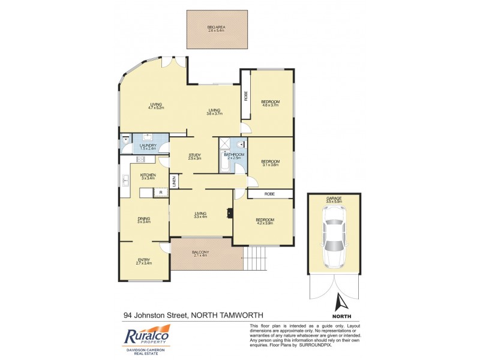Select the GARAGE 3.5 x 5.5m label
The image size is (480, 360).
(x=334, y=200)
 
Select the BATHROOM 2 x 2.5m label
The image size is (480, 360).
(x=234, y=157)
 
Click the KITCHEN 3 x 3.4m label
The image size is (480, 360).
(x=148, y=176)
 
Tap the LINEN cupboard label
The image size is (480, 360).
(x=173, y=181)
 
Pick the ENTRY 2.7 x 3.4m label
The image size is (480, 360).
(x=144, y=261)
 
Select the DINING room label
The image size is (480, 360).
(x=143, y=220)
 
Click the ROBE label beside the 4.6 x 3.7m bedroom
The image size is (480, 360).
(x=245, y=96)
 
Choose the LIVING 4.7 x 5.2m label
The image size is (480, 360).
(x=157, y=106)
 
